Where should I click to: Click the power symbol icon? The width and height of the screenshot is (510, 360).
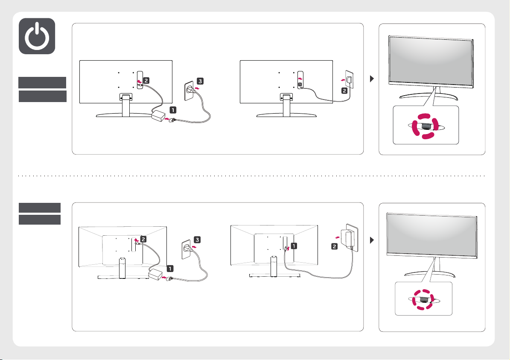[x=37, y=36]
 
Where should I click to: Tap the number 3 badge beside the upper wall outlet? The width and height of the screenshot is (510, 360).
[x=200, y=81]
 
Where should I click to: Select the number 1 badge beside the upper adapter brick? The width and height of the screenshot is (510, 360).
[x=173, y=110]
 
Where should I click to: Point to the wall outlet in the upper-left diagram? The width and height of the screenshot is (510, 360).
[x=189, y=91]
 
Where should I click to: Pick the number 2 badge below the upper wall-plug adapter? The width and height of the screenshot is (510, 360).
[x=344, y=91]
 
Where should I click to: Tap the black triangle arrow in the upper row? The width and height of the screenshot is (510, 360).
[x=372, y=79]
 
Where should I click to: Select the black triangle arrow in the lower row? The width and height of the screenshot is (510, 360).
[x=372, y=240]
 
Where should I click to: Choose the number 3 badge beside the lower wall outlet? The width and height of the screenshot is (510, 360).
[x=197, y=240]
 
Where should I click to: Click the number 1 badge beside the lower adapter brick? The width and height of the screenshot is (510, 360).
[x=170, y=269]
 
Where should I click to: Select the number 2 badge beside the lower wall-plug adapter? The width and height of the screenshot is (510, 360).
[x=334, y=246]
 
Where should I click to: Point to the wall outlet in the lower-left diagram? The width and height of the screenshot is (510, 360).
[x=185, y=249]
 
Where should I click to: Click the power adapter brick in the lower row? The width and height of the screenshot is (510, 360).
[x=155, y=274]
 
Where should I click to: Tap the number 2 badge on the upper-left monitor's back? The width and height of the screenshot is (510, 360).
[x=146, y=80]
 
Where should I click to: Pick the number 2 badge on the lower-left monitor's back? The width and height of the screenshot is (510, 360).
[x=143, y=239]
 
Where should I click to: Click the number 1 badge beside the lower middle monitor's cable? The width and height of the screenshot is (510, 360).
[x=294, y=246]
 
